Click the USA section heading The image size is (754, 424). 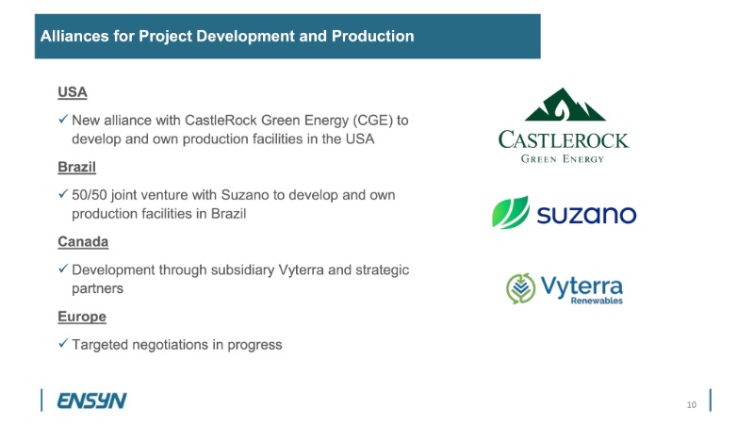(73, 91)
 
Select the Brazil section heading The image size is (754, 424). (77, 167)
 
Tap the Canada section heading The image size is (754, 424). (83, 241)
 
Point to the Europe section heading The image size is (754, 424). (82, 317)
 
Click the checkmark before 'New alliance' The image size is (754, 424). (63, 119)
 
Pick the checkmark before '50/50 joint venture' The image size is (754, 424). (63, 194)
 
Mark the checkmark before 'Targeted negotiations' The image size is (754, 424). (63, 343)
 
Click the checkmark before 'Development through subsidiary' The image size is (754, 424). (63, 269)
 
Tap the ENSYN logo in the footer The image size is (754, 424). (91, 400)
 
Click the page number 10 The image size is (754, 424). (692, 405)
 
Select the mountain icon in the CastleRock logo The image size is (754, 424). (565, 105)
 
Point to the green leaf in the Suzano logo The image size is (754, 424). (510, 212)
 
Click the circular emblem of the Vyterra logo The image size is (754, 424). (521, 288)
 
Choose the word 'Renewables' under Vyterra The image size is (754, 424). (597, 301)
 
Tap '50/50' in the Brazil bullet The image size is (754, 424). (90, 195)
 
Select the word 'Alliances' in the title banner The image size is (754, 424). (74, 36)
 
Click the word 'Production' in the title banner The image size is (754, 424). (372, 36)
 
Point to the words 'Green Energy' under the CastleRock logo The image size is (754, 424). (563, 159)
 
